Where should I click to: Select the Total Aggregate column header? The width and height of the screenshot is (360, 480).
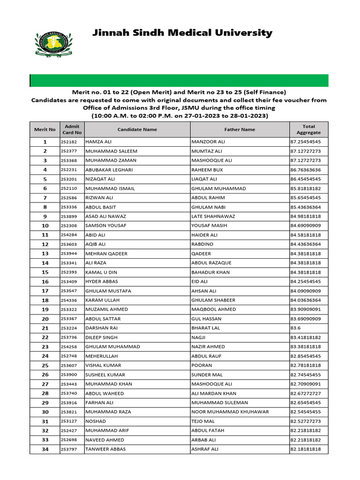point(308,129)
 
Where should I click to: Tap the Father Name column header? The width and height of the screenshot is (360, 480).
point(240,129)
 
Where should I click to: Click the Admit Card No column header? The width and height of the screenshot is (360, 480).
point(72,129)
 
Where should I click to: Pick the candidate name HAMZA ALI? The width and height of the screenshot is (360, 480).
point(98,142)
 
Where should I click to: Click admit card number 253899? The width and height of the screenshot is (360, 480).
point(68,216)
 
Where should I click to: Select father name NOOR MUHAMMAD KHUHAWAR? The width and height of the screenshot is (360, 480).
point(230,412)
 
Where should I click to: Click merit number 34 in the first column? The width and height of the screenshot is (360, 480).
point(45,449)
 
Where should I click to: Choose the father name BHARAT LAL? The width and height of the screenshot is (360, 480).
point(204,328)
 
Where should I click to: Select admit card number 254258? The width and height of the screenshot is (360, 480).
point(68,347)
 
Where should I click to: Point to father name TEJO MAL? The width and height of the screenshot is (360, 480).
point(202,421)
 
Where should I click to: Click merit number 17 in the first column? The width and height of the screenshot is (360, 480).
point(45,291)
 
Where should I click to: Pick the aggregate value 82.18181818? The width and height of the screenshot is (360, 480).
point(306,449)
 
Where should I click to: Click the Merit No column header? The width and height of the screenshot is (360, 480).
point(45,129)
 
